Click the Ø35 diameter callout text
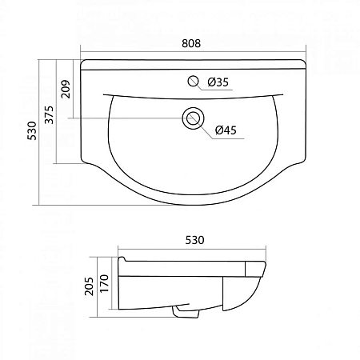[x=218, y=82]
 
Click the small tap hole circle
[x=193, y=81]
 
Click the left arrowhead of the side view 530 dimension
[x=121, y=250]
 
